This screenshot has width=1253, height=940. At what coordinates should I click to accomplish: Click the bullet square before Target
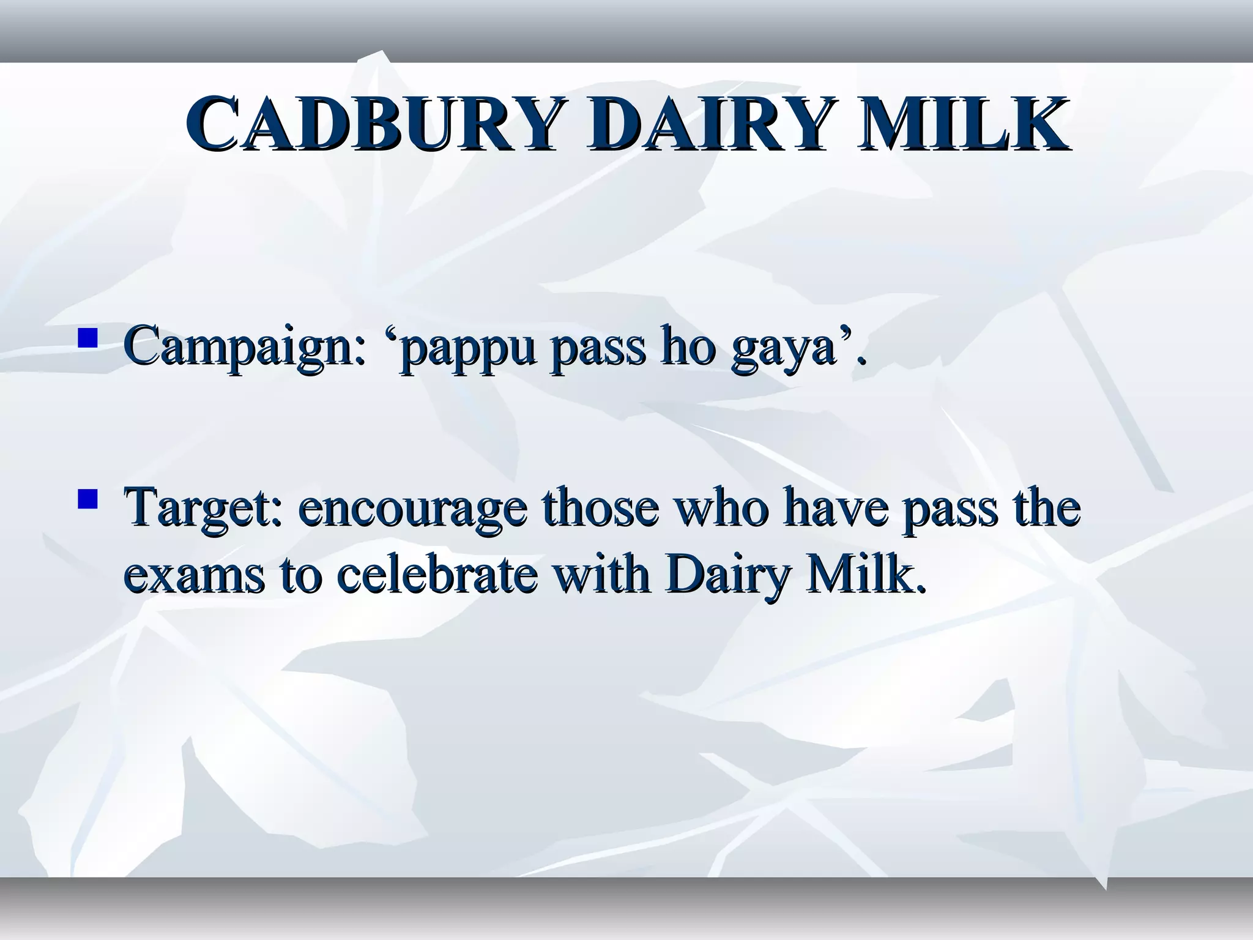[88, 500]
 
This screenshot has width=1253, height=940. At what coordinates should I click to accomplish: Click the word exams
[194, 576]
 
